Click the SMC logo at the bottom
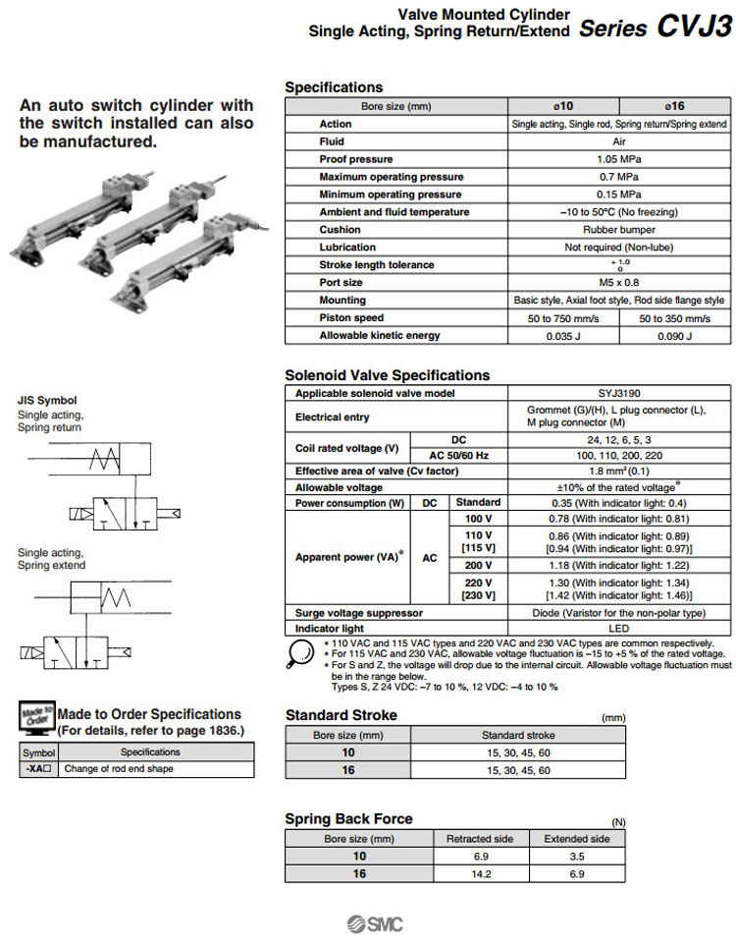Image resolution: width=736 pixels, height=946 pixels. tap(374, 924)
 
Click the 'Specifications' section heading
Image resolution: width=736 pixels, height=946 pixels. tap(334, 87)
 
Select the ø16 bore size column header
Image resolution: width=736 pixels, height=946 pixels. tap(675, 106)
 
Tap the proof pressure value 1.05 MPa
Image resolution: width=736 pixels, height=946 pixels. tap(618, 159)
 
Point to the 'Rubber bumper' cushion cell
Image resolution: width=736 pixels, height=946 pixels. tap(618, 230)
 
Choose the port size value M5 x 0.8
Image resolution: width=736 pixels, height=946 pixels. tap(618, 283)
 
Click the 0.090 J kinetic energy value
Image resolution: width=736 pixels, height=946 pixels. tap(675, 336)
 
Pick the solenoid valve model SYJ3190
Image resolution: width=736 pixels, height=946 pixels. tap(618, 393)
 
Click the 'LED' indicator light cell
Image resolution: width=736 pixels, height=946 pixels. tap(618, 629)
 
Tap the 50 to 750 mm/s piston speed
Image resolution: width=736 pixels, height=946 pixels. tap(563, 318)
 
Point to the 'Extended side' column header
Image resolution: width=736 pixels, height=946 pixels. tap(577, 839)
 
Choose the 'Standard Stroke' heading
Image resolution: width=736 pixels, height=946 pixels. tap(341, 715)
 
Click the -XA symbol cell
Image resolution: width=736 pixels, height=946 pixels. tap(38, 769)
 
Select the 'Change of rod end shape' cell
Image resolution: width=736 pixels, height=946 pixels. tap(119, 769)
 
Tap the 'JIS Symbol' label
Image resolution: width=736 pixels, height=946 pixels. tap(47, 400)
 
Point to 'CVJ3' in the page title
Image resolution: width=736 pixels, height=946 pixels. tap(693, 27)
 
